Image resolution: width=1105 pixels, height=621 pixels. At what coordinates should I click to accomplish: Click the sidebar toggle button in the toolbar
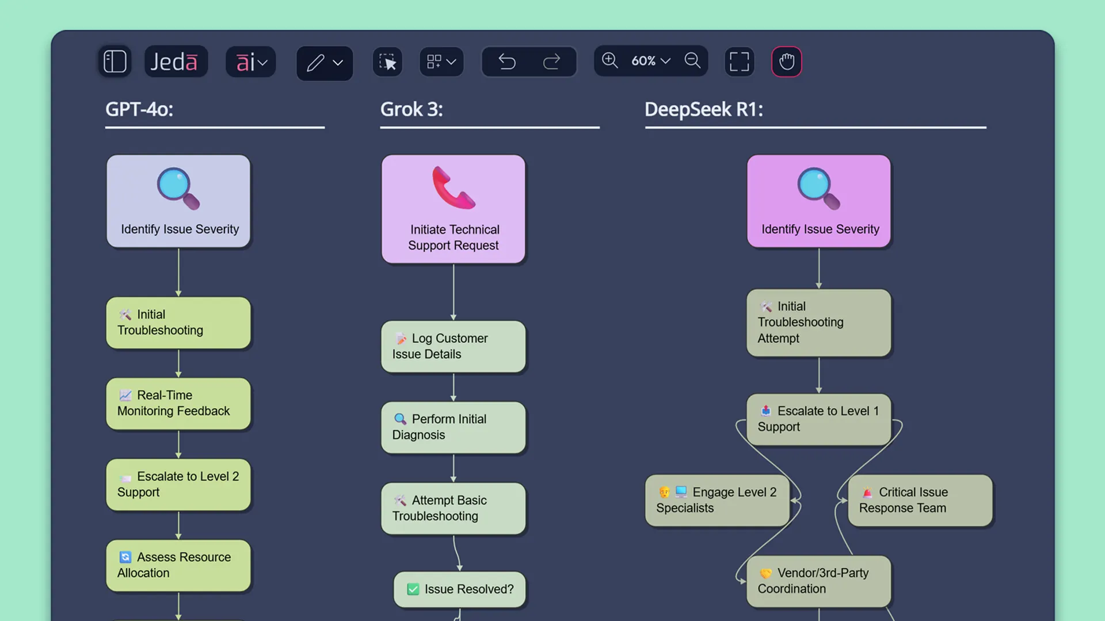click(115, 62)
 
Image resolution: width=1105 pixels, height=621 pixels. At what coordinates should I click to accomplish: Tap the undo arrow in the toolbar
click(507, 62)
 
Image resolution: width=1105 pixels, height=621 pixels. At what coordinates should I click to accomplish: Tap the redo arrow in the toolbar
click(551, 62)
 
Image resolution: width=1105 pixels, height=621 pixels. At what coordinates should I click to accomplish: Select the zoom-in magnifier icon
click(609, 60)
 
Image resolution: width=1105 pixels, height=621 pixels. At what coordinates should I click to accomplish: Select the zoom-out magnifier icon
click(692, 60)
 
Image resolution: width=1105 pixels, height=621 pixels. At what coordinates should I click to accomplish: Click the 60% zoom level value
click(643, 61)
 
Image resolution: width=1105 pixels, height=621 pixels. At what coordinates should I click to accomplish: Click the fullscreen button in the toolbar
click(739, 62)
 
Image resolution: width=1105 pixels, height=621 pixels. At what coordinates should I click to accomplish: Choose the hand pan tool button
click(786, 62)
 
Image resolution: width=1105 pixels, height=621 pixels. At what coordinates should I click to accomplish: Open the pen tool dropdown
click(338, 63)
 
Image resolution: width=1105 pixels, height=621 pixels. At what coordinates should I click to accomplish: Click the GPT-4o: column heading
click(139, 109)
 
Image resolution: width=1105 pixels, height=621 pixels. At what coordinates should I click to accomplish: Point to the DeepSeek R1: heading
click(703, 109)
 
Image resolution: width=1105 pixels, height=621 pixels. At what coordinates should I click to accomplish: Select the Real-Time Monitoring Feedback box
click(178, 403)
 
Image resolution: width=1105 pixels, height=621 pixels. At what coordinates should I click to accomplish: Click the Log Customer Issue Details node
click(453, 346)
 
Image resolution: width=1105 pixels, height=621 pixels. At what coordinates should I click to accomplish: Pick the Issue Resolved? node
click(460, 589)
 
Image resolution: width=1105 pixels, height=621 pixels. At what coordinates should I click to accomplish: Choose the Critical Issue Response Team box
click(920, 500)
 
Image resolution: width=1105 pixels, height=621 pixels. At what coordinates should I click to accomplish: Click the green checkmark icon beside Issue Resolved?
click(413, 589)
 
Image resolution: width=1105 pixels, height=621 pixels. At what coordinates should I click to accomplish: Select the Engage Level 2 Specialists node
click(717, 500)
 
